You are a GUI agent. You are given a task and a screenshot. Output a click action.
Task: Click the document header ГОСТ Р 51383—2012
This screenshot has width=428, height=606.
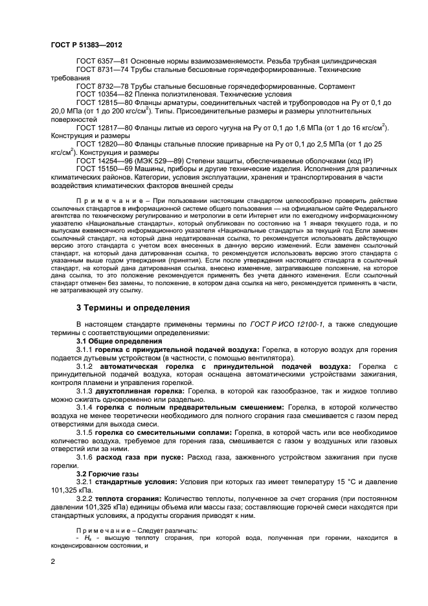(x=87, y=43)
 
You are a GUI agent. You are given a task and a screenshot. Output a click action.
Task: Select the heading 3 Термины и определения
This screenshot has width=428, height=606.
(x=133, y=307)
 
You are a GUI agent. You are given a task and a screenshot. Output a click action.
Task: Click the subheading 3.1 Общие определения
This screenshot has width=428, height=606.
(x=119, y=341)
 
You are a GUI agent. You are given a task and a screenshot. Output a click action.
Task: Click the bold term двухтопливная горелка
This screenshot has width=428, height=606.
(x=141, y=391)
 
